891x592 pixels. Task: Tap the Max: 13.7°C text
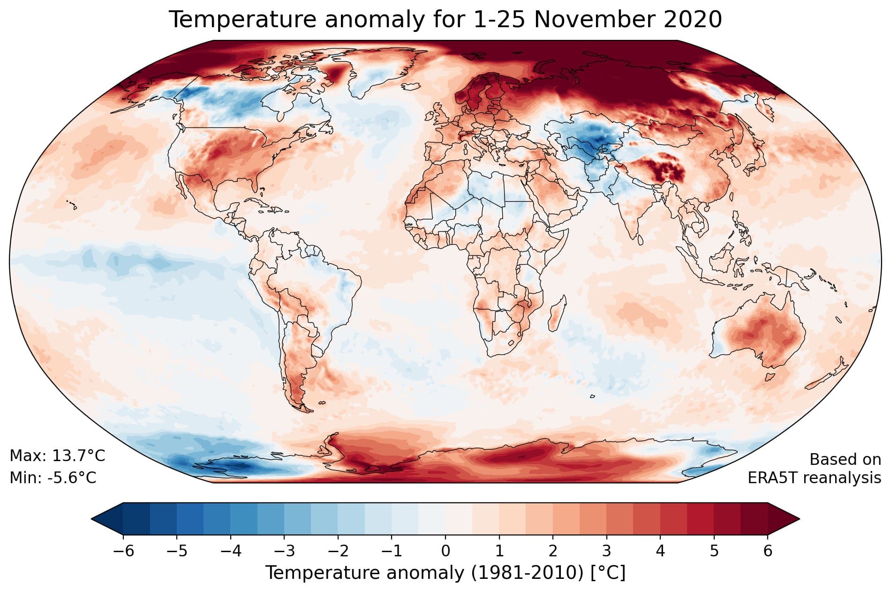coord(57,455)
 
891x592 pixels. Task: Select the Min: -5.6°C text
coord(53,478)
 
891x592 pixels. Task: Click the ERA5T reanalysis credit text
coord(814,478)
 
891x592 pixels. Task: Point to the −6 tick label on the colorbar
coord(123,550)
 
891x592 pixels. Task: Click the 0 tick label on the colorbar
coord(445,550)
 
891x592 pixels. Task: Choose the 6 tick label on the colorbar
coord(768,550)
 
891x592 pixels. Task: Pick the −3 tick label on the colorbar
coord(284,550)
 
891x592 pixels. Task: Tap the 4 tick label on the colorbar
coord(660,550)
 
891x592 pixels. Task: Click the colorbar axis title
coord(445,573)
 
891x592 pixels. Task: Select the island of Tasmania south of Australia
coord(769,377)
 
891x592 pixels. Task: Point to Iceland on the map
coord(409,87)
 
